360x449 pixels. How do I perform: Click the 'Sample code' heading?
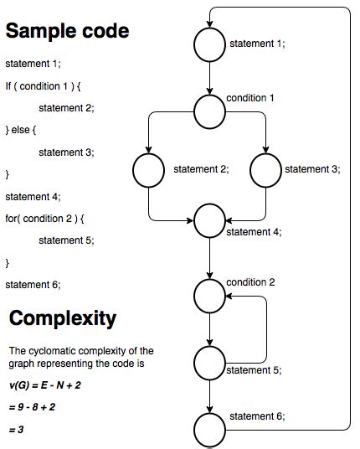[68, 32]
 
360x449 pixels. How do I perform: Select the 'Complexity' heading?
[63, 318]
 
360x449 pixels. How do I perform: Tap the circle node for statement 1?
[209, 44]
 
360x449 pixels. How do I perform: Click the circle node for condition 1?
[209, 108]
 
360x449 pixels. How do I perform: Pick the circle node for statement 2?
[148, 171]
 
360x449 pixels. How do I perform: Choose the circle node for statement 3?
[265, 171]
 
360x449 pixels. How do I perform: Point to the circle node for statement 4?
[209, 221]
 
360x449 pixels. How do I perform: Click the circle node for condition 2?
[209, 293]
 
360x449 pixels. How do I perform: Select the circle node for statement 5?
[209, 362]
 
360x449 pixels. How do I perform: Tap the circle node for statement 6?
[209, 430]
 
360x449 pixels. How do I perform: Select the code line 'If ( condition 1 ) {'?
[45, 85]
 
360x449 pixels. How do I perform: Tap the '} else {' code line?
[23, 130]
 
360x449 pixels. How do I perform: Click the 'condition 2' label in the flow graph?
[250, 281]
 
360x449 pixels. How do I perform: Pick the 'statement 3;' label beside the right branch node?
[311, 169]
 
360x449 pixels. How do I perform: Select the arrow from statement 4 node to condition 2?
[209, 257]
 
